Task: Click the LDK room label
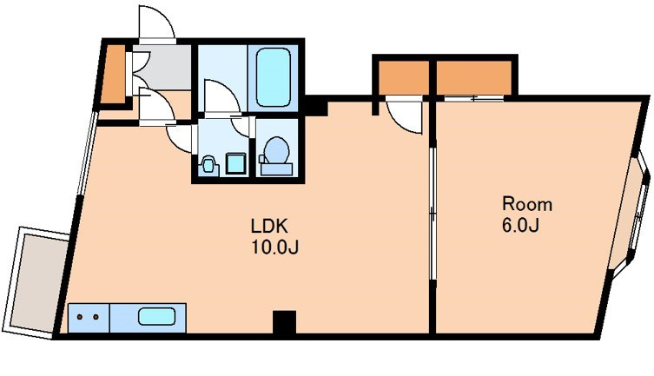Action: tap(269, 226)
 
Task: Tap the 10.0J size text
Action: tap(274, 247)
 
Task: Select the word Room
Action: tap(527, 204)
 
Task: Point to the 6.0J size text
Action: tap(521, 226)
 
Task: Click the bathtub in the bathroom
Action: tap(274, 77)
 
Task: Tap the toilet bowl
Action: tap(276, 150)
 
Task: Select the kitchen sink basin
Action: tap(156, 316)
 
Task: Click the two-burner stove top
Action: tap(89, 318)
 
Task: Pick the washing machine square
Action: tap(235, 163)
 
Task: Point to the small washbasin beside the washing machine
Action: tap(208, 164)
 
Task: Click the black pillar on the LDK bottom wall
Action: tap(285, 322)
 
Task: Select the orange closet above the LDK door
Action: tap(403, 78)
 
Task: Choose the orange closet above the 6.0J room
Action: tap(474, 78)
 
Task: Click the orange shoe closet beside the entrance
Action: tap(115, 74)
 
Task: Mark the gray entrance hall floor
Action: tap(163, 68)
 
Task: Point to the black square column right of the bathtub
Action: tap(316, 106)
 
